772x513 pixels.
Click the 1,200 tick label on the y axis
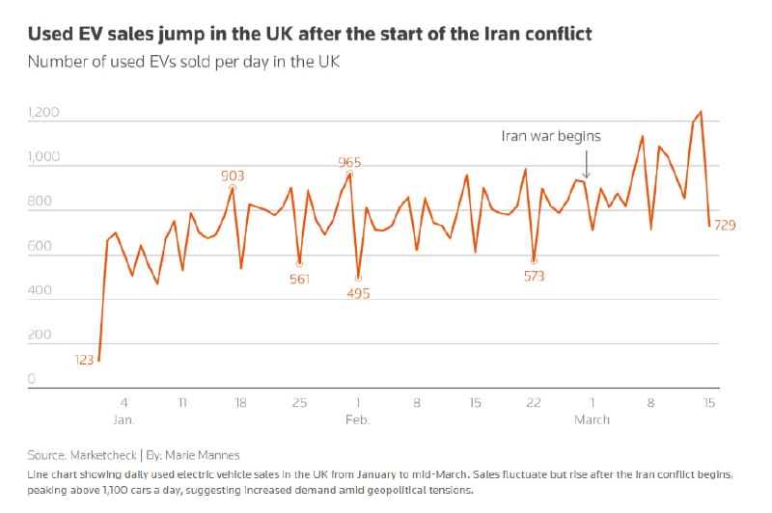[x=43, y=113]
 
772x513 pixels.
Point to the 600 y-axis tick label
[x=40, y=246]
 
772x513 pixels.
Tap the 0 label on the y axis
[x=31, y=380]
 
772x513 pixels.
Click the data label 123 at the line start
[x=84, y=360]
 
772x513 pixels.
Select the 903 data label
[x=233, y=175]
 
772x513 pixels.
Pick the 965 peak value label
[x=349, y=162]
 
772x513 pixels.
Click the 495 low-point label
[x=358, y=293]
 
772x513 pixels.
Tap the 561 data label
[x=299, y=280]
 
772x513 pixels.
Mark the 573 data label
[x=534, y=276]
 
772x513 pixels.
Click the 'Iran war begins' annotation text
[x=551, y=136]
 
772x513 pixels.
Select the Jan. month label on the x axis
[x=124, y=419]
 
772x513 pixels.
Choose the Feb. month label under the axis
[x=358, y=419]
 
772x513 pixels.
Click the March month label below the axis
[x=592, y=419]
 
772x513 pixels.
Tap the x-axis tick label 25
[x=299, y=401]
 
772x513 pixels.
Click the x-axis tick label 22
[x=534, y=401]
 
